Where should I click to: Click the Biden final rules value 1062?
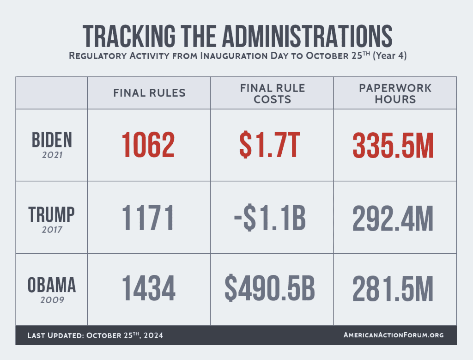pyautogui.click(x=148, y=145)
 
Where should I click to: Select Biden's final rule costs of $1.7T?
pyautogui.click(x=272, y=145)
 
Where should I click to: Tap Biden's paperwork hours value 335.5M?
pyautogui.click(x=393, y=145)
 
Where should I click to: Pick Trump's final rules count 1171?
pyautogui.click(x=148, y=218)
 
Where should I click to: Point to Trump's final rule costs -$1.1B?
pyautogui.click(x=272, y=218)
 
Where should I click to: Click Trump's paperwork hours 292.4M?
pyautogui.click(x=393, y=218)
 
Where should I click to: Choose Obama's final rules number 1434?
pyautogui.click(x=148, y=289)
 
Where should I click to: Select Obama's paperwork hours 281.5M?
pyautogui.click(x=393, y=289)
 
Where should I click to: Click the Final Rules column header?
pyautogui.click(x=149, y=93)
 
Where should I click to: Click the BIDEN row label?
pyautogui.click(x=52, y=139)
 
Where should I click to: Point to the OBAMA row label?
pyautogui.click(x=52, y=285)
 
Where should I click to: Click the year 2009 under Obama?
pyautogui.click(x=52, y=300)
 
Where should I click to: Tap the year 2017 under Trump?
pyautogui.click(x=52, y=228)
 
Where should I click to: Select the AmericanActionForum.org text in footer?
pyautogui.click(x=394, y=335)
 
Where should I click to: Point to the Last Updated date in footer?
pyautogui.click(x=95, y=335)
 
